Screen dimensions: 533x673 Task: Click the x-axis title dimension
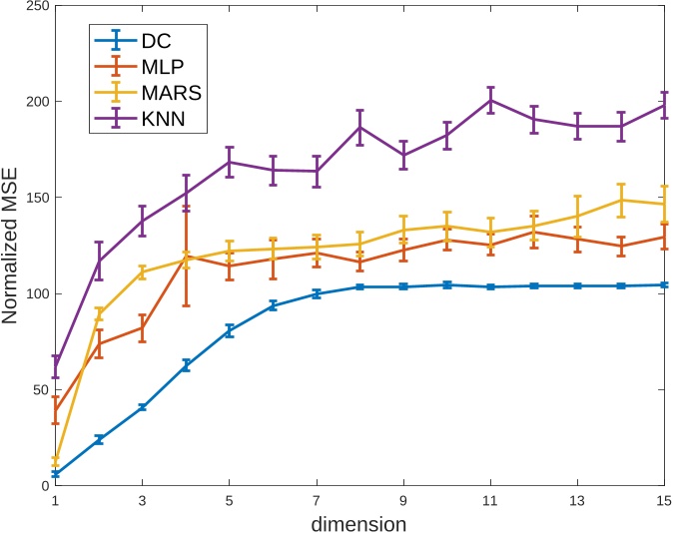359,522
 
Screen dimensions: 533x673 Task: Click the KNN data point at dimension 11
490,100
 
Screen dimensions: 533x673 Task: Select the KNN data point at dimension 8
359,127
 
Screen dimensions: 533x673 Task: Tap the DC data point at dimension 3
143,407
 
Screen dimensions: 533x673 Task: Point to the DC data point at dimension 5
230,330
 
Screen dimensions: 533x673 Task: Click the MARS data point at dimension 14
621,200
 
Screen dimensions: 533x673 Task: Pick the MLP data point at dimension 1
56,410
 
